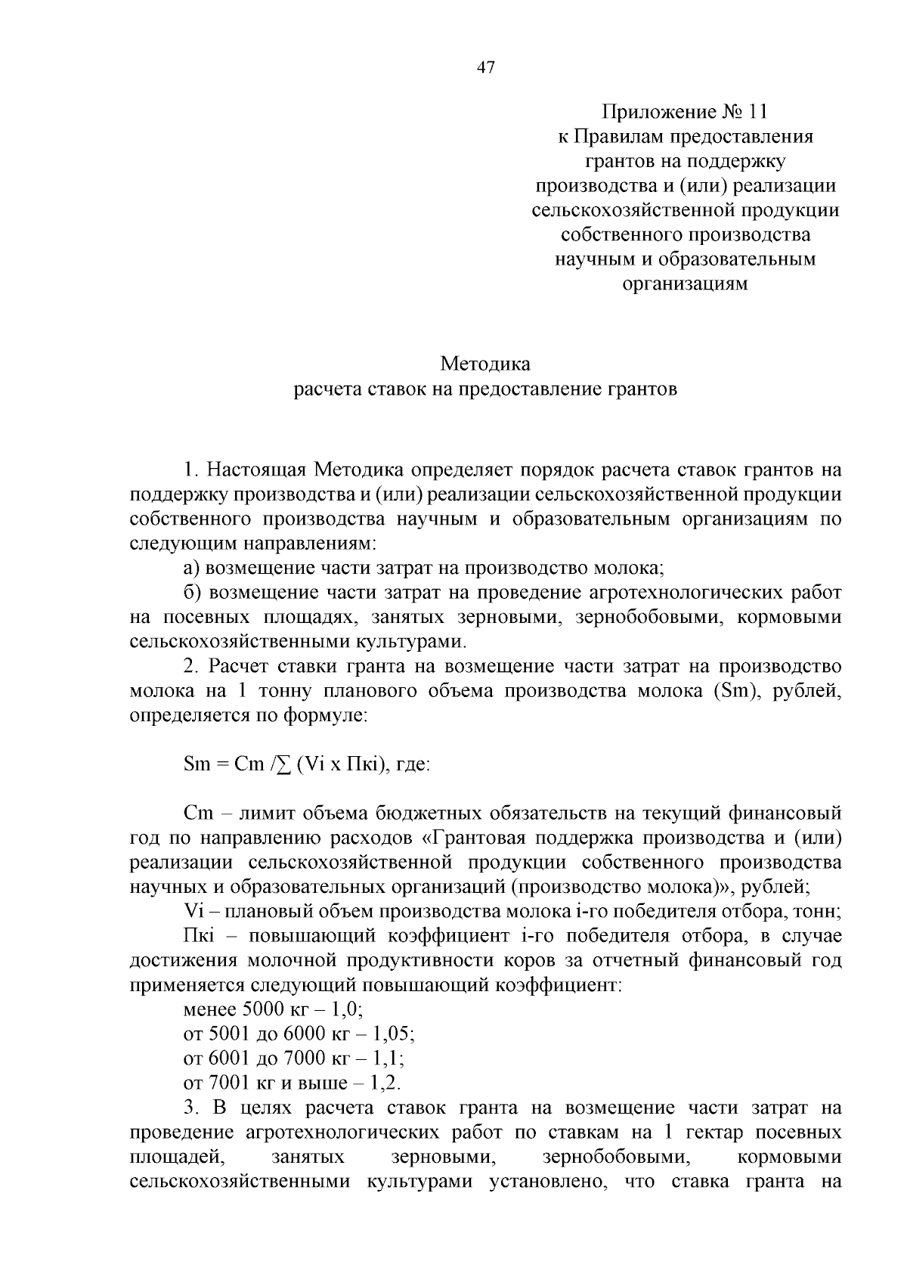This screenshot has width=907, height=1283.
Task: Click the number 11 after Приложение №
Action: [x=755, y=113]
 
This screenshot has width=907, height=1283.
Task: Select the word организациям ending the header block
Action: [x=685, y=284]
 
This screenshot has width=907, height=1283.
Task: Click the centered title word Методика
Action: [x=485, y=364]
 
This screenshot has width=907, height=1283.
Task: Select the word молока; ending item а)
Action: [x=629, y=568]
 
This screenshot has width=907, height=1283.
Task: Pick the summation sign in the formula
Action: [x=283, y=764]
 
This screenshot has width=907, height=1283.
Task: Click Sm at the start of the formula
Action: [x=196, y=764]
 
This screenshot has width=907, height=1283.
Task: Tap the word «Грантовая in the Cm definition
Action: [x=476, y=838]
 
